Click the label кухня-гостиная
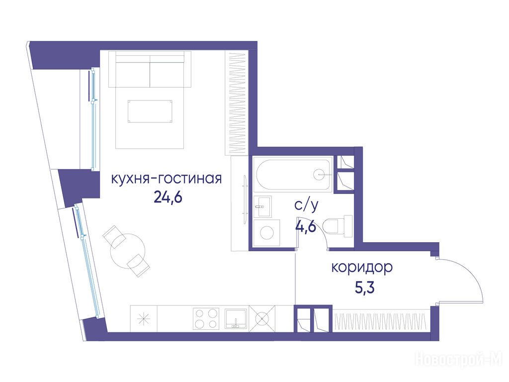click(166, 179)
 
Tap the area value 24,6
click(168, 196)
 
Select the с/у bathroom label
click(306, 205)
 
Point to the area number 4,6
click(306, 226)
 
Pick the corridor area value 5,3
click(365, 287)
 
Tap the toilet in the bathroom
click(338, 226)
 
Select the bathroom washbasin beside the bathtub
click(262, 206)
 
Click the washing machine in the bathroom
click(267, 233)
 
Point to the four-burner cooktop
click(205, 318)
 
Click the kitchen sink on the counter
click(236, 318)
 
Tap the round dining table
click(127, 251)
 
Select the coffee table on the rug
click(150, 111)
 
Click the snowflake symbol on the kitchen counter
click(144, 319)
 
